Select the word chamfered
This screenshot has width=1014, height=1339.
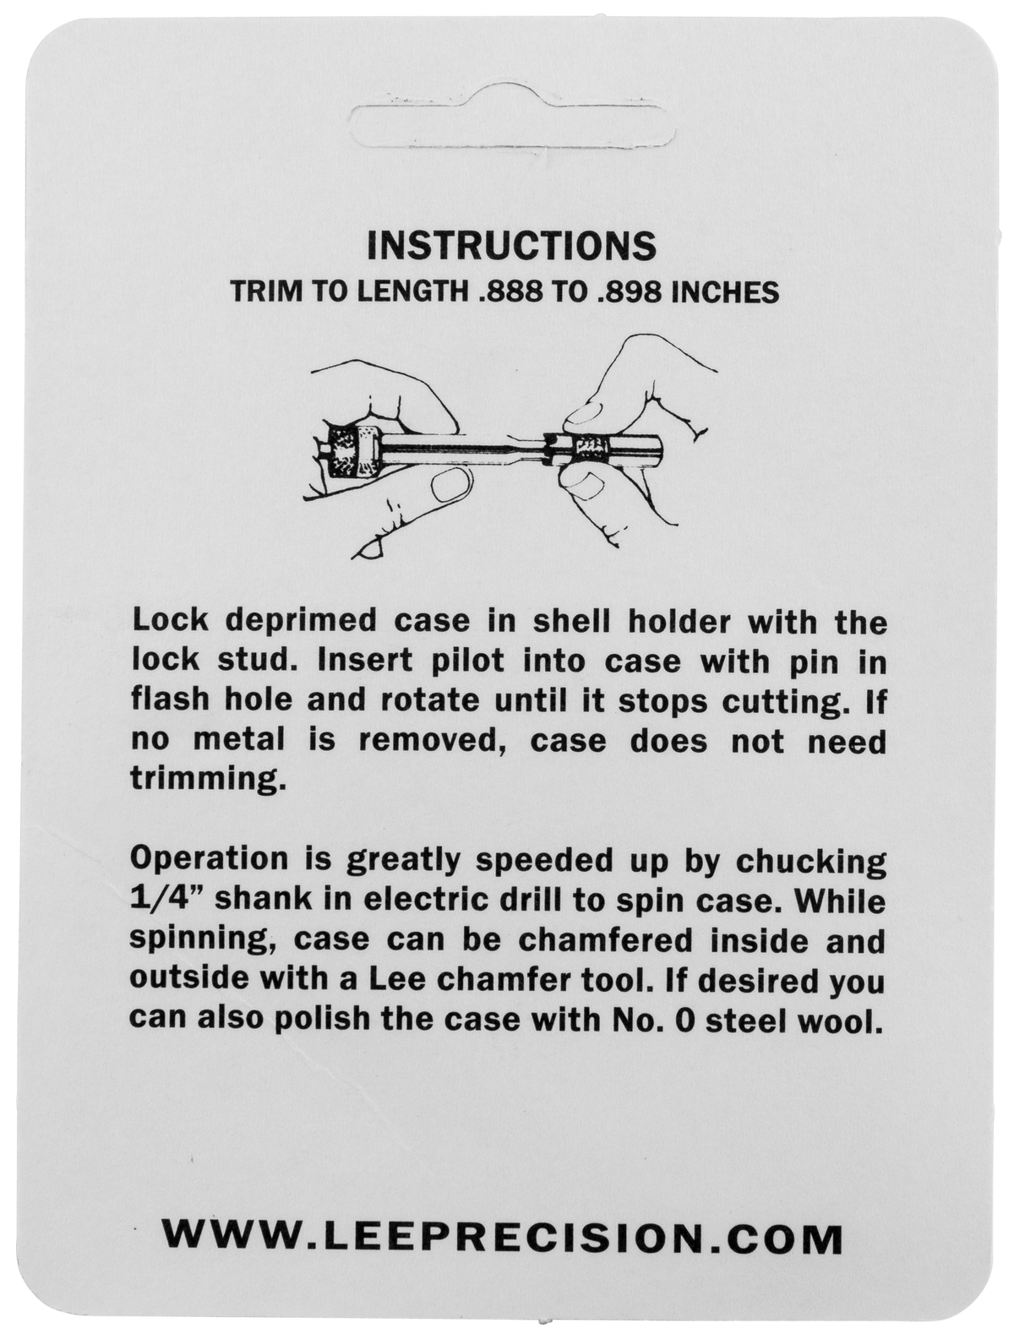pos(605,940)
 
